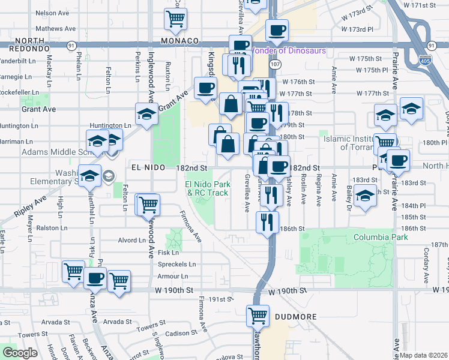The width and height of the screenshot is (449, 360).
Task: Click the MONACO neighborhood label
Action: click(x=179, y=41)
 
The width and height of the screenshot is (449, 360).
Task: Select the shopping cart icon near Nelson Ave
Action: click(x=175, y=19)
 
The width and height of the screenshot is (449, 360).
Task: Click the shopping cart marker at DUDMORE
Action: click(x=258, y=314)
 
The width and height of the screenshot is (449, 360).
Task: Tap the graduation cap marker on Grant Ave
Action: click(x=145, y=113)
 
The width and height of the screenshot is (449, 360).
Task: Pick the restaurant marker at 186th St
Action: click(x=267, y=221)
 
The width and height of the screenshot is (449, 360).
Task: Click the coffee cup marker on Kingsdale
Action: click(x=205, y=88)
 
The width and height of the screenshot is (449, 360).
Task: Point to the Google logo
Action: click(x=20, y=353)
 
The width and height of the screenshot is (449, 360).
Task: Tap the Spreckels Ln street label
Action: click(x=176, y=264)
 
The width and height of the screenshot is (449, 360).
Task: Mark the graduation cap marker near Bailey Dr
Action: click(x=364, y=196)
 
